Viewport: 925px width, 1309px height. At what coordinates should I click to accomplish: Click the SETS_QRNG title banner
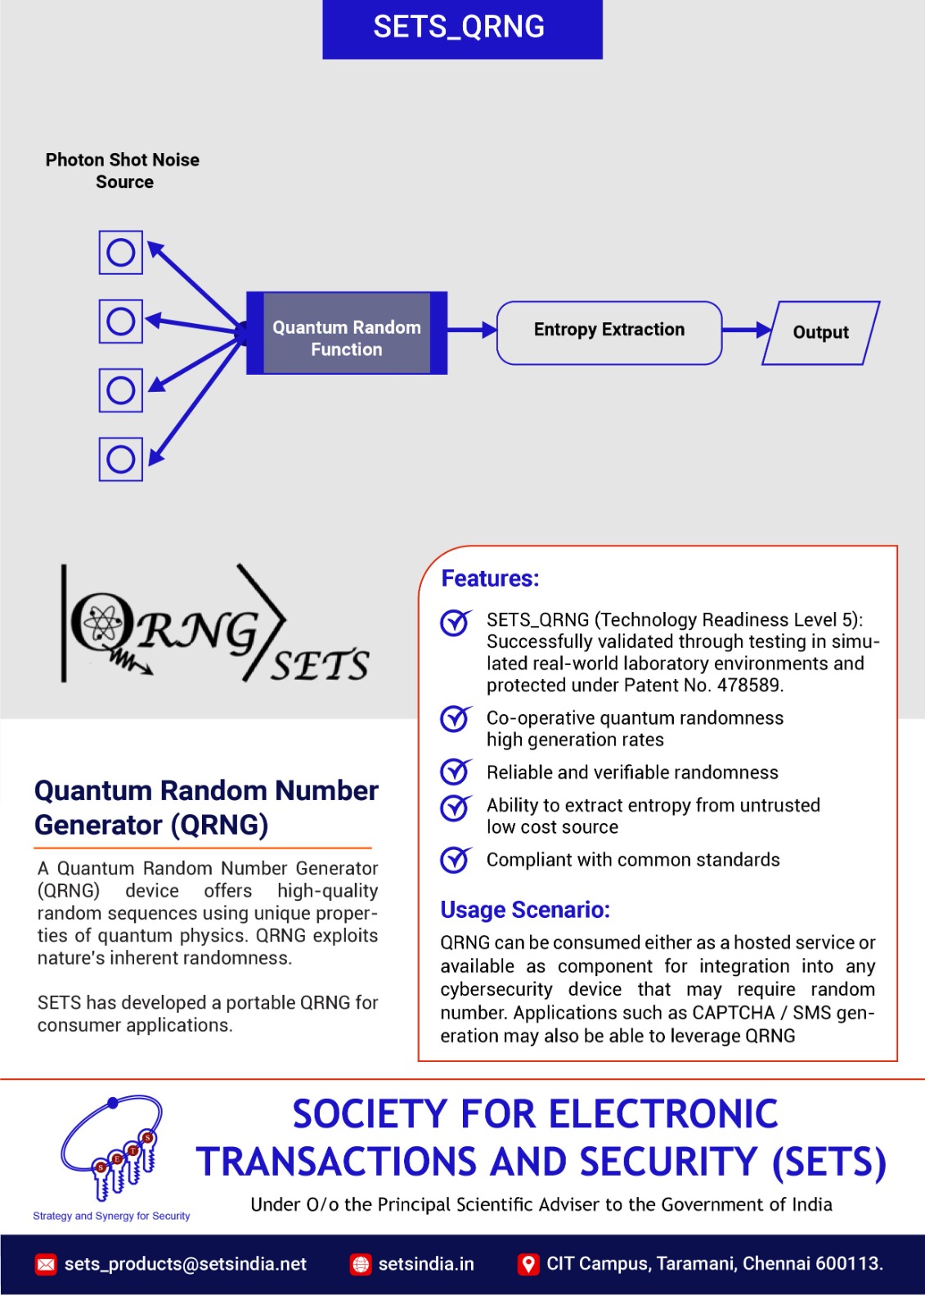tap(462, 28)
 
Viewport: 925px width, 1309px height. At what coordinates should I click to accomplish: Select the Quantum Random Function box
tap(347, 334)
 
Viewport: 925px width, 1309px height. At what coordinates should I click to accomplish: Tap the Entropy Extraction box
tap(609, 331)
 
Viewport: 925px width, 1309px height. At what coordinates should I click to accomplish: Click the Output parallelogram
tap(820, 333)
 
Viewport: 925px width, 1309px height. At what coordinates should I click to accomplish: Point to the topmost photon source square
tap(121, 253)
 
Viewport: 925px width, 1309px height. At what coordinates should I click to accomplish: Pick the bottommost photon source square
tap(121, 459)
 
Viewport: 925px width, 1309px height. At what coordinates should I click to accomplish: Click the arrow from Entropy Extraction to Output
tap(746, 331)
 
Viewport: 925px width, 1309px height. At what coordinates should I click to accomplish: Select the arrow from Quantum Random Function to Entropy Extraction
tap(472, 331)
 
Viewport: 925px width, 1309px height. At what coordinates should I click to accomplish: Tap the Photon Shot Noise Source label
tap(123, 171)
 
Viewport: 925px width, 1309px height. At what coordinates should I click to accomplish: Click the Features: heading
tap(490, 579)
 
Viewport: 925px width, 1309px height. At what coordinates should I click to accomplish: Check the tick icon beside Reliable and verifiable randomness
tap(455, 771)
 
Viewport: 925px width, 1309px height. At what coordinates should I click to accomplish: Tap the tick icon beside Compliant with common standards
tap(455, 859)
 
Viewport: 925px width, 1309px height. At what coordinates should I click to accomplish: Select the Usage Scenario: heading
tap(525, 910)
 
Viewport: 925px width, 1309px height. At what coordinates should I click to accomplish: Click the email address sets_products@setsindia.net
tap(185, 1264)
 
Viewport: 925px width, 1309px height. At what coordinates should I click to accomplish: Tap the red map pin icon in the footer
tap(528, 1264)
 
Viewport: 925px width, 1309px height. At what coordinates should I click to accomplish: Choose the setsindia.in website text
tap(426, 1264)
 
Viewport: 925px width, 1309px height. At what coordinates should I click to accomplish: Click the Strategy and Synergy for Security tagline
tap(111, 1217)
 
